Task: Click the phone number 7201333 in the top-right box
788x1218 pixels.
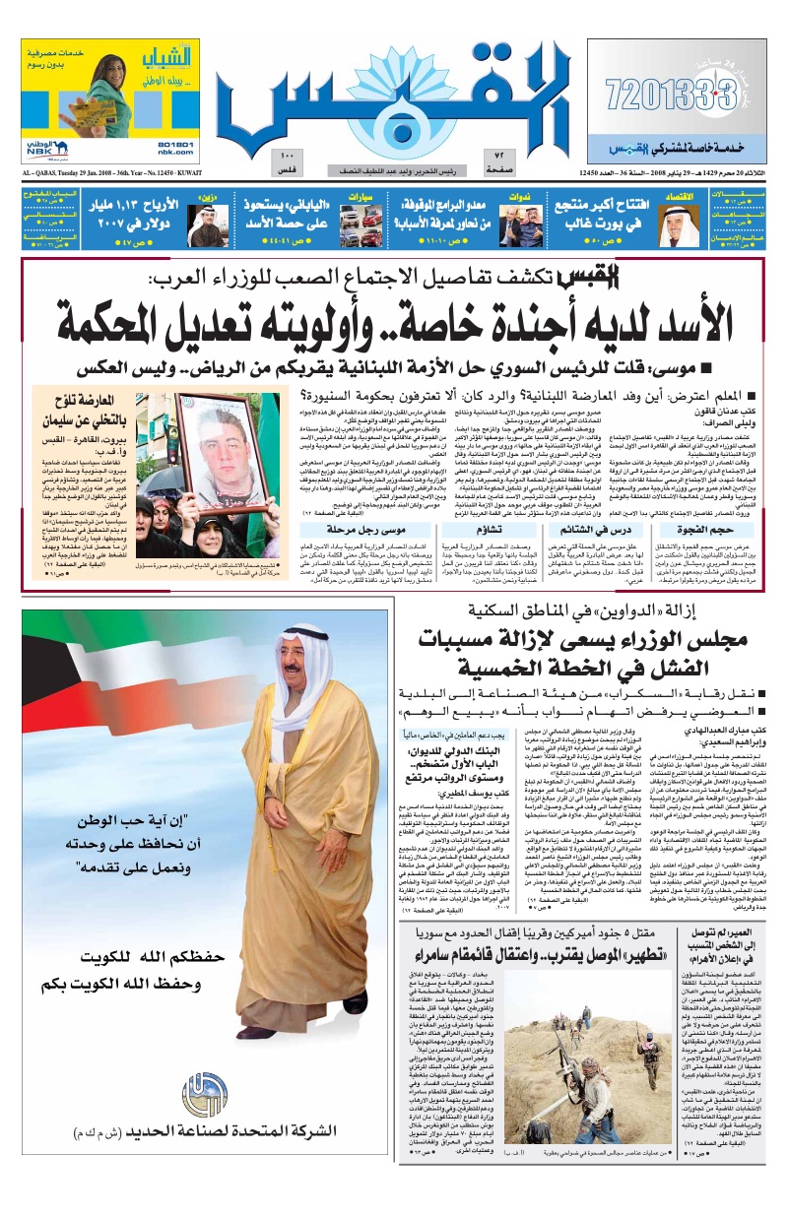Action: (x=671, y=96)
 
